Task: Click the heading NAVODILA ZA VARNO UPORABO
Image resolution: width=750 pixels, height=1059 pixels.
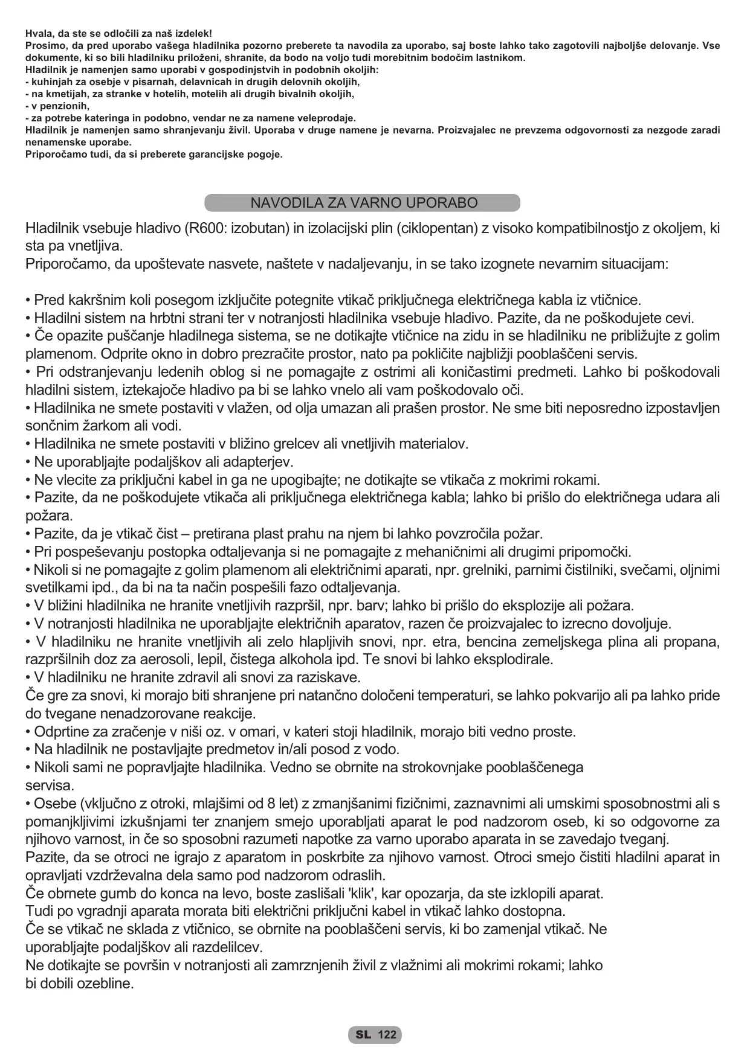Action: click(364, 203)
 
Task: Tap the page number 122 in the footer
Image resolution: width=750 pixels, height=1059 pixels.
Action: click(387, 1035)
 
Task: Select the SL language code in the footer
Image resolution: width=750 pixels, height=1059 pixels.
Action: click(363, 1035)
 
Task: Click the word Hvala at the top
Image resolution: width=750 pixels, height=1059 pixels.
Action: click(39, 34)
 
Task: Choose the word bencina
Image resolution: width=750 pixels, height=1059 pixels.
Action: click(494, 642)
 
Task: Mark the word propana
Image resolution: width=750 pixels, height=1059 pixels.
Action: click(693, 642)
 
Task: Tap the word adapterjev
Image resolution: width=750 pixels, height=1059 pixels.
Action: click(256, 462)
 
